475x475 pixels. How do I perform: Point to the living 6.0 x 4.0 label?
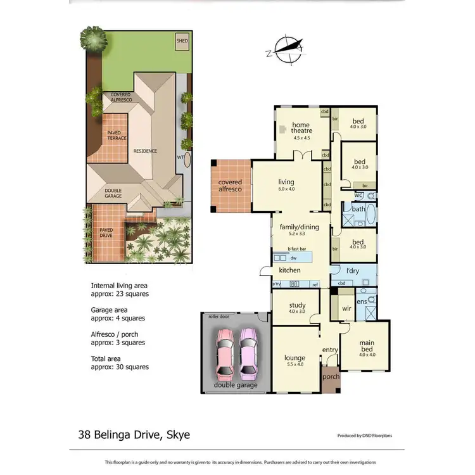(286, 185)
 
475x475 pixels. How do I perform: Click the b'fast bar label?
(297, 249)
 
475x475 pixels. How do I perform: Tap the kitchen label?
(290, 270)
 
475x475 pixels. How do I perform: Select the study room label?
(297, 308)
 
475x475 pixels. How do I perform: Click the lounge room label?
(295, 361)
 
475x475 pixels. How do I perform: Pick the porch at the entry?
(331, 376)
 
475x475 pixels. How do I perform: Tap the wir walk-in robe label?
(346, 308)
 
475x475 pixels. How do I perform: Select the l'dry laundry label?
(353, 271)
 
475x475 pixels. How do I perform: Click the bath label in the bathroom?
(358, 209)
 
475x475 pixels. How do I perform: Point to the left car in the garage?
(224, 352)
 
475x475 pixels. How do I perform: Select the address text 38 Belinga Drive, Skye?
(134, 434)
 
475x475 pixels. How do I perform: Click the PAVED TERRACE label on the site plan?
(117, 135)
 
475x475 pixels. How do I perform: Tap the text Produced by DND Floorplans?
(367, 436)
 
